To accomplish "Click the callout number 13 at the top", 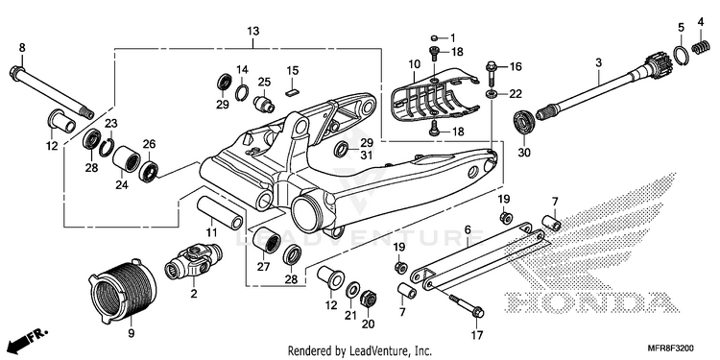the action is pyautogui.click(x=253, y=32).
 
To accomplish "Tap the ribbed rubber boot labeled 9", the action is pyautogui.click(x=122, y=287).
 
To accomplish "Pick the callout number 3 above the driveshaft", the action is pyautogui.click(x=598, y=62).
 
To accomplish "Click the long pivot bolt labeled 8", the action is pyautogui.click(x=52, y=92).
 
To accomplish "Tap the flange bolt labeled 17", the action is pyautogui.click(x=466, y=305).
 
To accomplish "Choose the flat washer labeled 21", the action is pyautogui.click(x=352, y=290).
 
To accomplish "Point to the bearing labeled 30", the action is pyautogui.click(x=524, y=122).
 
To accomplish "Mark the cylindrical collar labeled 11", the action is pyautogui.click(x=221, y=212).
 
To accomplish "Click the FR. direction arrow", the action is pyautogui.click(x=26, y=339).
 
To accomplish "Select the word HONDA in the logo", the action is pyautogui.click(x=588, y=301).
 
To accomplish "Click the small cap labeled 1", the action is pyautogui.click(x=435, y=37).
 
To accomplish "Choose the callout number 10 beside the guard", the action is pyautogui.click(x=414, y=63).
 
